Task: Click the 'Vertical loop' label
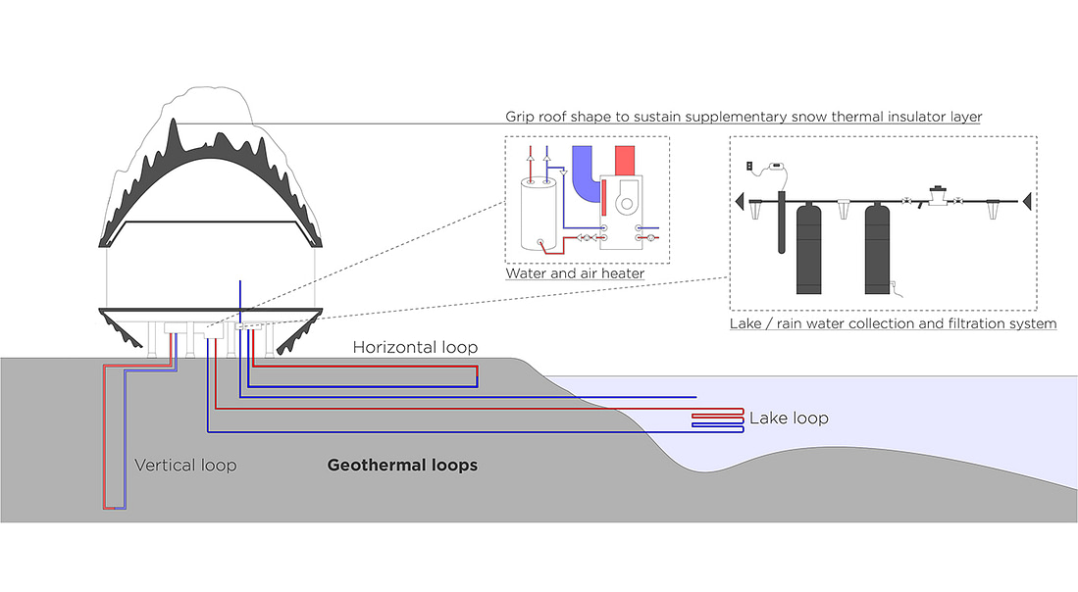click(x=185, y=465)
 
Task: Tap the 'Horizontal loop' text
click(x=415, y=347)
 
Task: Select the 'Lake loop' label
click(x=789, y=419)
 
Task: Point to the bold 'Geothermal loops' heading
click(x=402, y=465)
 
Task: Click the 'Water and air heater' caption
click(x=575, y=273)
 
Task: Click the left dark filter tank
click(x=808, y=249)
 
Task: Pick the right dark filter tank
click(x=877, y=249)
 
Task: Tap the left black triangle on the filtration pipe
click(x=740, y=201)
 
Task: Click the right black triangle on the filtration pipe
click(x=1025, y=201)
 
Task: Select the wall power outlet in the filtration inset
click(x=750, y=166)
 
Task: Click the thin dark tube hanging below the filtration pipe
click(x=782, y=224)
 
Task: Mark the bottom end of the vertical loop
click(x=114, y=507)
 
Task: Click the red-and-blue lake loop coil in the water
click(x=719, y=421)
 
